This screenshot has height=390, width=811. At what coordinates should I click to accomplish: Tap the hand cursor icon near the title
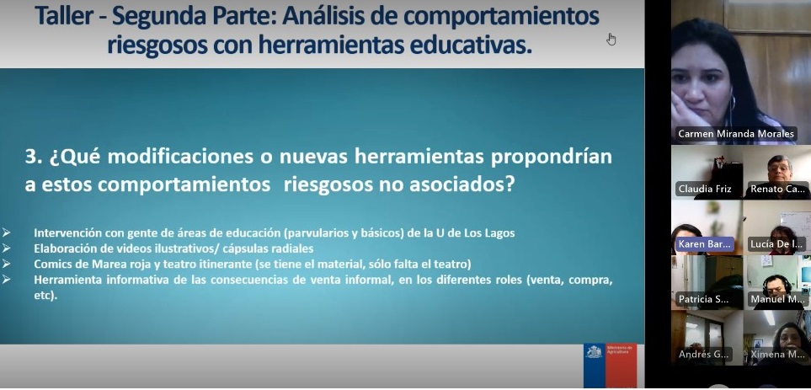(x=611, y=40)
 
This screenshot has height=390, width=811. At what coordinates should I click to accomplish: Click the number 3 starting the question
(x=31, y=157)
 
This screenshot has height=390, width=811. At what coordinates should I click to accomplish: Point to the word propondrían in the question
(x=552, y=158)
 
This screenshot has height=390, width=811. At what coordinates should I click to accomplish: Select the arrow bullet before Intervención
(x=6, y=232)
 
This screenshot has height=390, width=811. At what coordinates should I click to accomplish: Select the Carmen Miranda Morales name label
(x=736, y=134)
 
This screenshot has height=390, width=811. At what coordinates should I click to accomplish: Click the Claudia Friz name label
(x=705, y=190)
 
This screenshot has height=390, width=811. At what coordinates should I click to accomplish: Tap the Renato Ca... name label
(x=777, y=190)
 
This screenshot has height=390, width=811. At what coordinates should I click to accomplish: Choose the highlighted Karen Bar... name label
(x=705, y=244)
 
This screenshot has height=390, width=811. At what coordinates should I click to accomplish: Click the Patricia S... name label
(x=703, y=299)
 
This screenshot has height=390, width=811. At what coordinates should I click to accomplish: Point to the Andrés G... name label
(x=703, y=355)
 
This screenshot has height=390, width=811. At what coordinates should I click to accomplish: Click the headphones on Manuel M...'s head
(x=776, y=282)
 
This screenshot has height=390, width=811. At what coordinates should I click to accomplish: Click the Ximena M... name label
(x=777, y=355)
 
